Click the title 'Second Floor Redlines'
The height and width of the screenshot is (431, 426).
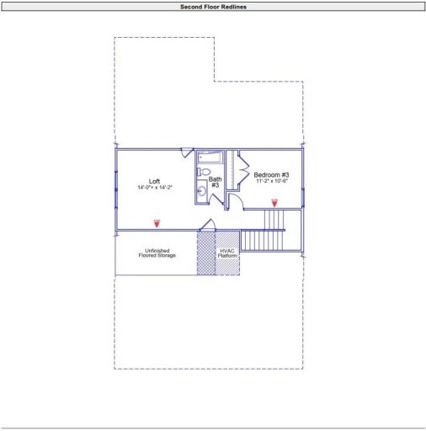(213, 6)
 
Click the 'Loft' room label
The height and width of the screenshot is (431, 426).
(155, 181)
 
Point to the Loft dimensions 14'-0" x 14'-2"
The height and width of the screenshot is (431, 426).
(155, 188)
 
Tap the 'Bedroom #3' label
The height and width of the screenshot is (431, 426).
(271, 175)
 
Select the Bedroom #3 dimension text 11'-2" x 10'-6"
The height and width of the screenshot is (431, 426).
(271, 182)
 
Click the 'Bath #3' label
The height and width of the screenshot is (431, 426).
(215, 182)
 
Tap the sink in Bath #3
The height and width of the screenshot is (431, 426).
(202, 193)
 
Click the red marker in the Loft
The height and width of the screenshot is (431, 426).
(157, 223)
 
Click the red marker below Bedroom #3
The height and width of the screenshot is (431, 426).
(274, 202)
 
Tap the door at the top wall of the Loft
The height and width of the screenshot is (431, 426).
(187, 152)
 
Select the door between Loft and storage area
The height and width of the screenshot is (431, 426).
(207, 224)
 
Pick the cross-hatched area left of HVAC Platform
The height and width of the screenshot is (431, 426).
(206, 253)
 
